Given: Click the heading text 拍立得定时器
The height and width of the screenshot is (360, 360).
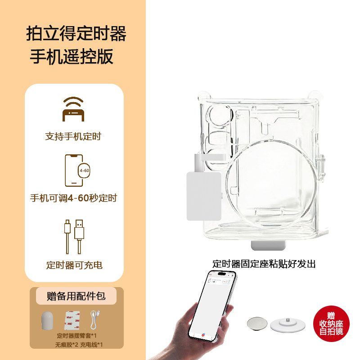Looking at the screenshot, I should point(76,34).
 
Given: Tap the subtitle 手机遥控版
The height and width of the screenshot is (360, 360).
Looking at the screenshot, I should point(71,57).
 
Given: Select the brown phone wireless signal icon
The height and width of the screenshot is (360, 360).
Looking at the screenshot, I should point(74,109).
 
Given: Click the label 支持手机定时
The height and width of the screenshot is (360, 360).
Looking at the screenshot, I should point(73,136).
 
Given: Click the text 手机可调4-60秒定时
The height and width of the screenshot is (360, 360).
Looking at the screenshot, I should point(73,198).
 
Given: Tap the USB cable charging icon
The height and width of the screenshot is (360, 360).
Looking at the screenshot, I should point(74,236).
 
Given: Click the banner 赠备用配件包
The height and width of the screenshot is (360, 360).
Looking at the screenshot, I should point(76,296).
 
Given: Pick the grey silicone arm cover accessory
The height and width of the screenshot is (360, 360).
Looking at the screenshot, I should point(47,320).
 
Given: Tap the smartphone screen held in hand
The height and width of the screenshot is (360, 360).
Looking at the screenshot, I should point(212,306).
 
